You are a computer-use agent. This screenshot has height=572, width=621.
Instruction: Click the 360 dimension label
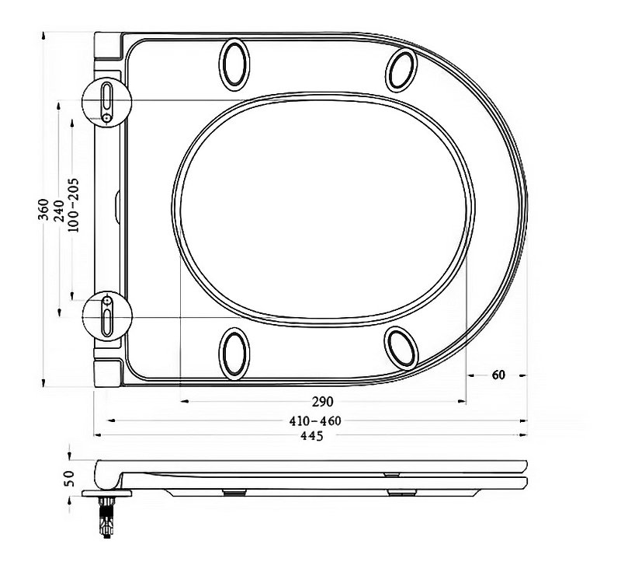45,209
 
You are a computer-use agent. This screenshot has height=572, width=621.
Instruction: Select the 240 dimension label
59,209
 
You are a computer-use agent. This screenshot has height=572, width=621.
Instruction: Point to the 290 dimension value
322,402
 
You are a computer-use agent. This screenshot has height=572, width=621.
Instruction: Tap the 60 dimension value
498,375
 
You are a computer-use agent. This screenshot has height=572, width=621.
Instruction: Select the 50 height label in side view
69,476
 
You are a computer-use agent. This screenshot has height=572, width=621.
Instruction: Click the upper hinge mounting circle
107,100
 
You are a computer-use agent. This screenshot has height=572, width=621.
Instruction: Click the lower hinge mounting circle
107,315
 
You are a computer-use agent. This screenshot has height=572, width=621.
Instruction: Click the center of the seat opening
322,210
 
